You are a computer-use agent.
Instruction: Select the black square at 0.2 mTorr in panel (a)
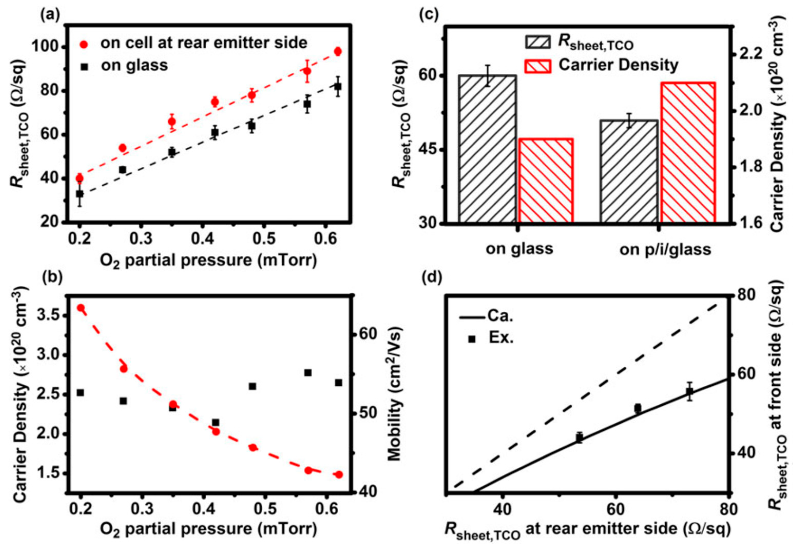80,194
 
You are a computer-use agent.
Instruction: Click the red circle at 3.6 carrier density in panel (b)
81,308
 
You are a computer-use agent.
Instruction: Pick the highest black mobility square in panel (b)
308,373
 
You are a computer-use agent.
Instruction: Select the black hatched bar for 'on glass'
487,149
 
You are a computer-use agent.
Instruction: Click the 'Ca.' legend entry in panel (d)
500,316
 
